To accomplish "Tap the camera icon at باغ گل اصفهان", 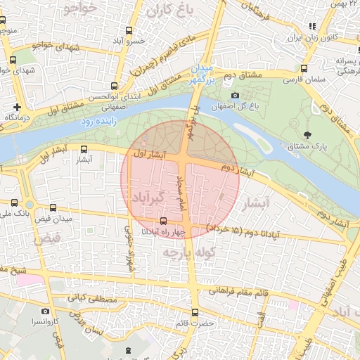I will [235, 96].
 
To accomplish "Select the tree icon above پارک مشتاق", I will [307, 134].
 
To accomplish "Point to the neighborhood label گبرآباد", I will [152, 198].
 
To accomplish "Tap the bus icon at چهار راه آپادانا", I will [164, 221].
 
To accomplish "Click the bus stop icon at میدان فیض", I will [53, 208].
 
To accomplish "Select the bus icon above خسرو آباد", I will [128, 30].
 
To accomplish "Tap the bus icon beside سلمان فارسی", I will [304, 69].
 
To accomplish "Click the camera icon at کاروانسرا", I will [46, 311].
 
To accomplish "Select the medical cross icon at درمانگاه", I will [17, 105].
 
